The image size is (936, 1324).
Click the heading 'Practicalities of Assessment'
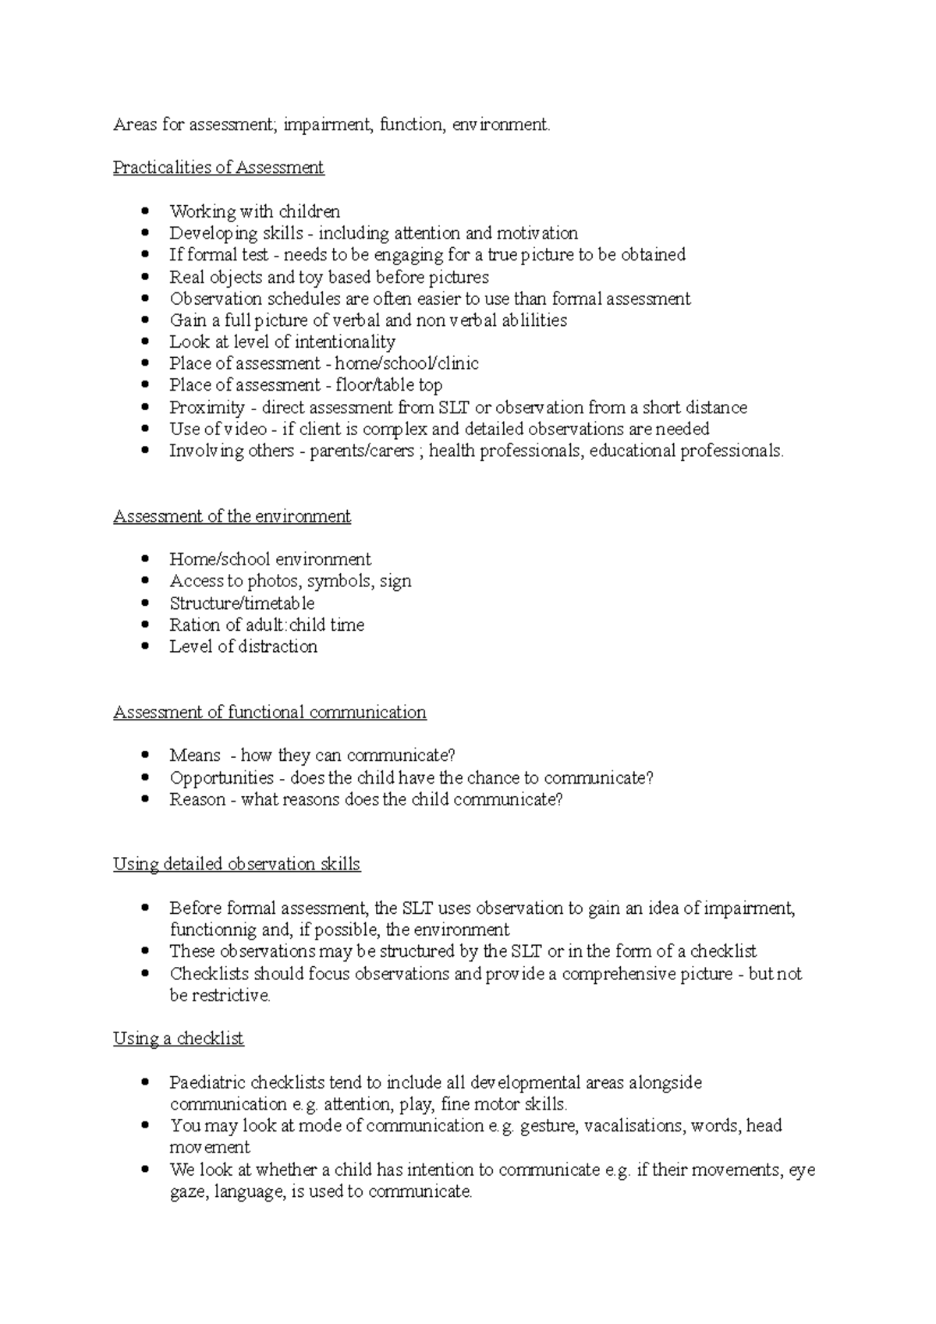[218, 168]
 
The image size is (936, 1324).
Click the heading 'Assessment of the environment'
[232, 516]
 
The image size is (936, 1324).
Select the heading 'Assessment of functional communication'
[269, 712]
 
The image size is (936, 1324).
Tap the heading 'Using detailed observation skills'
[236, 864]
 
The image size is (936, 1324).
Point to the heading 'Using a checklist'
[178, 1039]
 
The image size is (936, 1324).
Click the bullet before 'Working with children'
[145, 211]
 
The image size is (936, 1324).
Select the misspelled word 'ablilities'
[534, 320]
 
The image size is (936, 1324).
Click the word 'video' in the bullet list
[245, 429]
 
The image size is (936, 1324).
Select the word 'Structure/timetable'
[242, 604]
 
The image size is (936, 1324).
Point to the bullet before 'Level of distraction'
[145, 646]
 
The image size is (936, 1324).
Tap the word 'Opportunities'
[222, 778]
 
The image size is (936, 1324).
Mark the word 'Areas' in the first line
[133, 125]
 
